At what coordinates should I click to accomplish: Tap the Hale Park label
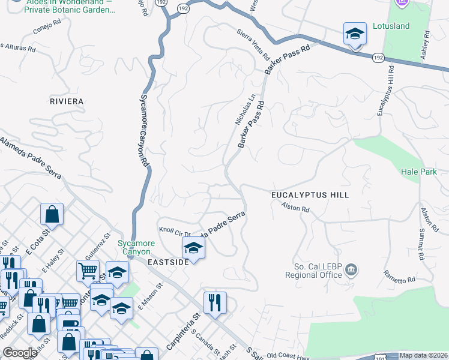[x=419, y=172]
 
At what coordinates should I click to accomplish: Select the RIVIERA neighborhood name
[x=67, y=101]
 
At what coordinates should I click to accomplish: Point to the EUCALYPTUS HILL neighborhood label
[x=310, y=195]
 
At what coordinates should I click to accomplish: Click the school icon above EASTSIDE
[x=193, y=247]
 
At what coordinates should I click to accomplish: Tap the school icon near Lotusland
[x=355, y=34]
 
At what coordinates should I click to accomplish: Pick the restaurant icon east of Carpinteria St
[x=215, y=303]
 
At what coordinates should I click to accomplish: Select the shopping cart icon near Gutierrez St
[x=88, y=271]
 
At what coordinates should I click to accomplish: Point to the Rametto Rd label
[x=399, y=277]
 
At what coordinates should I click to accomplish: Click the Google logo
[x=20, y=353]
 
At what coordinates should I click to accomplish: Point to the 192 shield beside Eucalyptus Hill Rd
[x=378, y=58]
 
